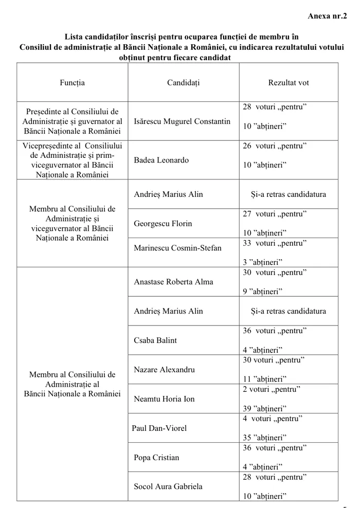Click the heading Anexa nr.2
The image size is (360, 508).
[327, 15]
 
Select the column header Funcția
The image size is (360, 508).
[72, 82]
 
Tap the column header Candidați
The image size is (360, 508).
[183, 82]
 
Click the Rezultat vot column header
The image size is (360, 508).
[289, 82]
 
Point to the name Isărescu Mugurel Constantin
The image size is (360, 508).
[182, 121]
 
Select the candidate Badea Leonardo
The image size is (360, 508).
[161, 160]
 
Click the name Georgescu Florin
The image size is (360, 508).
[163, 223]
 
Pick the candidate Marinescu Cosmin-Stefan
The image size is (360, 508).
[177, 248]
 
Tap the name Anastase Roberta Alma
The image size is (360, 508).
[173, 282]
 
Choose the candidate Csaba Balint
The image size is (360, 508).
[155, 340]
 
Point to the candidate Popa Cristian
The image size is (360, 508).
[156, 458]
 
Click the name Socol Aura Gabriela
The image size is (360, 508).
[168, 486]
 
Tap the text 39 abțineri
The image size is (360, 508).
[264, 409]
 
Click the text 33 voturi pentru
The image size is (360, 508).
[275, 243]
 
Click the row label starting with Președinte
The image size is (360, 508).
[72, 121]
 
